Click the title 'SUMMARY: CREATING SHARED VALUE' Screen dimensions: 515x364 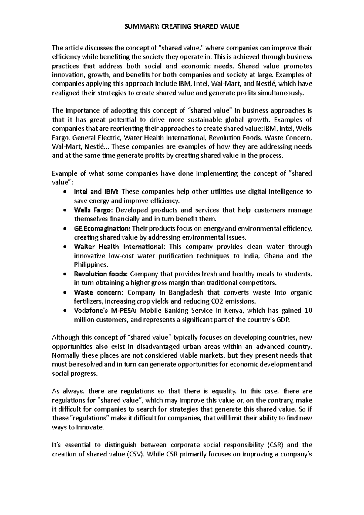(182, 26)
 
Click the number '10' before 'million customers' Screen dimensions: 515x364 (308, 311)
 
